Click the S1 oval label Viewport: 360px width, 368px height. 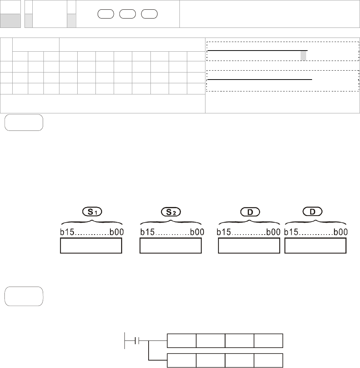point(92,212)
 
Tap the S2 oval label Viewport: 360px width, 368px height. point(171,212)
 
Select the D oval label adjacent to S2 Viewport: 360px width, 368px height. point(249,212)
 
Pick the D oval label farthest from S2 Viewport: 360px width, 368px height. point(312,212)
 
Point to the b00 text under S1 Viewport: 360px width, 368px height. point(116,232)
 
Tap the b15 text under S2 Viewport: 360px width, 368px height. point(147,232)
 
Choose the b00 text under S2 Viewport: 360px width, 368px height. point(196,232)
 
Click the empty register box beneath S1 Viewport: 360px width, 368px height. point(91,246)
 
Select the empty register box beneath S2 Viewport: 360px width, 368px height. point(171,246)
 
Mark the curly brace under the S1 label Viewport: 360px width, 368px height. point(92,221)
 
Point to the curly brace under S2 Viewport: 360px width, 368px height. point(171,221)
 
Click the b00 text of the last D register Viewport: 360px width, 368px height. point(341,232)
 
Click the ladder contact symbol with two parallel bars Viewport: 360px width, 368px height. point(136,340)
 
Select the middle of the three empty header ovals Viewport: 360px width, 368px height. point(127,14)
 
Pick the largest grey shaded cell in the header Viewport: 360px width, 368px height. point(10,21)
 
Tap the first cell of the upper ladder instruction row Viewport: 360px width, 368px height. point(182,340)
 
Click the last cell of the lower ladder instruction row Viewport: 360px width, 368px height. point(268,360)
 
